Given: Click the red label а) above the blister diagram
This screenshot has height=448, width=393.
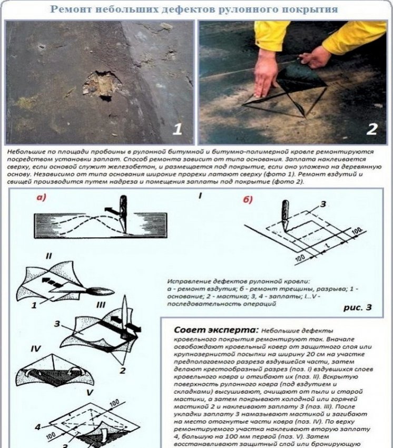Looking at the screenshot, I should click(x=42, y=199).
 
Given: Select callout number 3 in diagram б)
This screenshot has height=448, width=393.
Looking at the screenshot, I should click(x=323, y=202).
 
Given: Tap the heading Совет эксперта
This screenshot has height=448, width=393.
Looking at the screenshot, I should click(x=215, y=330).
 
